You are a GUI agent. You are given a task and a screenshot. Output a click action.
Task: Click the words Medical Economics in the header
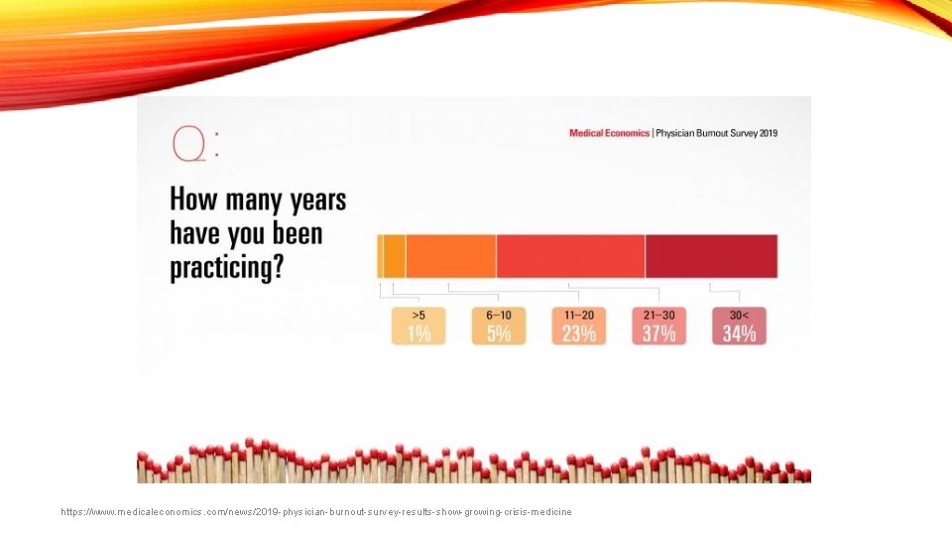[609, 133]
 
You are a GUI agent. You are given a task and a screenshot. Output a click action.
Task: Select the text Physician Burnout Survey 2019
[716, 133]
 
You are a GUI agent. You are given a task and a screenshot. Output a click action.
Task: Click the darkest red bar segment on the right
[711, 256]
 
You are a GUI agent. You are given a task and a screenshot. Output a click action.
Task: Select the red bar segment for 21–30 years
[570, 256]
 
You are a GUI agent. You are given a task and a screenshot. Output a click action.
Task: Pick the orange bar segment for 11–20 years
[450, 256]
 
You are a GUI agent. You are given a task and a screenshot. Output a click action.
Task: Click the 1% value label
[418, 334]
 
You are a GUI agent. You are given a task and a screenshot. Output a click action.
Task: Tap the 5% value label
[499, 334]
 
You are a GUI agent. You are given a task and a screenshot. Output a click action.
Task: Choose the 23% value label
[579, 334]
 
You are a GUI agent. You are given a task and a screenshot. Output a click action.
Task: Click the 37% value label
[658, 334]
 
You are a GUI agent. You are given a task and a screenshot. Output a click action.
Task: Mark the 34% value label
[739, 334]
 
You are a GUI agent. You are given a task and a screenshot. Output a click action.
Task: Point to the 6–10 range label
[499, 315]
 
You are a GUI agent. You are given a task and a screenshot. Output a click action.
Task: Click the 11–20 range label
[579, 315]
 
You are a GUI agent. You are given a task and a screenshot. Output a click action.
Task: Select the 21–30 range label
[658, 315]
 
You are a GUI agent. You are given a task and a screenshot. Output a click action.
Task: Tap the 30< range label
[739, 315]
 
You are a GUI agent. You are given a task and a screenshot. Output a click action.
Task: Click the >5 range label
[418, 315]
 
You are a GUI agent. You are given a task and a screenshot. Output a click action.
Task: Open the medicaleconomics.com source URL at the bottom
[316, 511]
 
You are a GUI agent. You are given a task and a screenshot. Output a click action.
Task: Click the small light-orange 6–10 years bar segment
[394, 256]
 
